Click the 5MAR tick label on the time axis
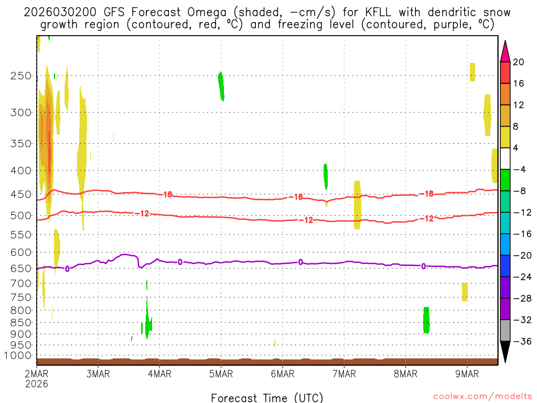221,374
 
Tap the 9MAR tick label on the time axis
467,374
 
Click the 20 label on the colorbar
519,62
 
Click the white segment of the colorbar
505,158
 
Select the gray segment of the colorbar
505,330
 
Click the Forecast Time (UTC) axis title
267,397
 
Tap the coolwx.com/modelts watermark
482,396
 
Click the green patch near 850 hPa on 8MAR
426,320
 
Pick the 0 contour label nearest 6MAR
300,262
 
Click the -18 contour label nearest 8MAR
428,194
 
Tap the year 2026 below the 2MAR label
36,384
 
